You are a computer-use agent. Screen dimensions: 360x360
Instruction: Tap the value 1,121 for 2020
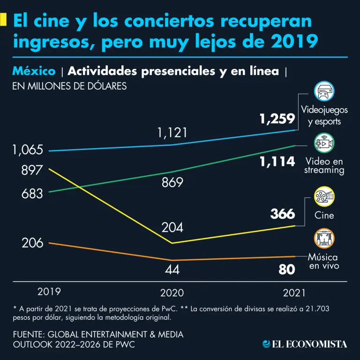pyautogui.click(x=172, y=133)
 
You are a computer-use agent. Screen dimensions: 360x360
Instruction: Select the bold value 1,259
pyautogui.click(x=277, y=120)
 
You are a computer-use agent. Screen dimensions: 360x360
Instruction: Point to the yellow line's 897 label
pyautogui.click(x=32, y=171)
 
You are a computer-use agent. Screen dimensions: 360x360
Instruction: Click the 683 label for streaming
pyautogui.click(x=32, y=193)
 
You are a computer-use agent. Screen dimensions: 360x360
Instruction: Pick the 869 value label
pyautogui.click(x=172, y=183)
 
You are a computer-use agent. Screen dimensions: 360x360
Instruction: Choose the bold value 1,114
pyautogui.click(x=277, y=162)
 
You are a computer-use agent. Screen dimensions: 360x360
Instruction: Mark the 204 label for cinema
pyautogui.click(x=172, y=228)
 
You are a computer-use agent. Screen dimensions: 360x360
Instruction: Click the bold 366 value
pyautogui.click(x=283, y=214)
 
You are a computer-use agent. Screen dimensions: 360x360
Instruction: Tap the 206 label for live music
pyautogui.click(x=32, y=243)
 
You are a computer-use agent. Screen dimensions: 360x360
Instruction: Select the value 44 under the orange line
pyautogui.click(x=172, y=270)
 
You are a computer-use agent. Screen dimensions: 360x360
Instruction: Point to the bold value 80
pyautogui.click(x=287, y=270)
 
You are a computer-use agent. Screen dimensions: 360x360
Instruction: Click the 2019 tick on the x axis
pyautogui.click(x=49, y=291)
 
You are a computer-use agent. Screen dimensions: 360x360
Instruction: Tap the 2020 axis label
pyautogui.click(x=172, y=293)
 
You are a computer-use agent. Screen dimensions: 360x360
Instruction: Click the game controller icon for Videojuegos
pyautogui.click(x=324, y=91)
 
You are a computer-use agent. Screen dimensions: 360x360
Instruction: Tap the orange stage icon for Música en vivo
pyautogui.click(x=324, y=239)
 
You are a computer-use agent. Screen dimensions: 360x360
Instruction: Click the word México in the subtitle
pyautogui.click(x=34, y=71)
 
